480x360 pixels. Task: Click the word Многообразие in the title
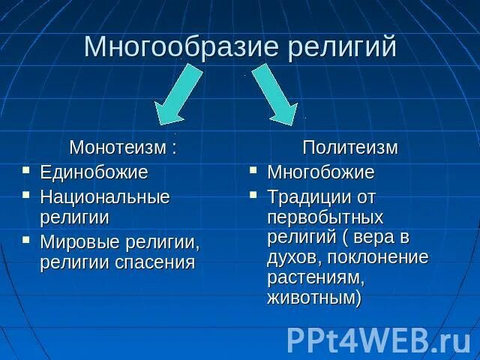pos(181,46)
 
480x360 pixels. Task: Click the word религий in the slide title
pos(341,46)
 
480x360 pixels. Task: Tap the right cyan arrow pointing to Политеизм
pos(275,94)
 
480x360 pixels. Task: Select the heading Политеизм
pos(349,148)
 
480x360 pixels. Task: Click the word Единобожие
pos(94,172)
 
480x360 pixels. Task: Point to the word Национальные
pos(104,197)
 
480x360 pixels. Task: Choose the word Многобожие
pos(320,172)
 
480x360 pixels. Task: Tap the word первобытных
pos(325,217)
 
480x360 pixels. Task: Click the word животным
pos(311,298)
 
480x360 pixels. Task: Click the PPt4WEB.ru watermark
pos(378,339)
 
